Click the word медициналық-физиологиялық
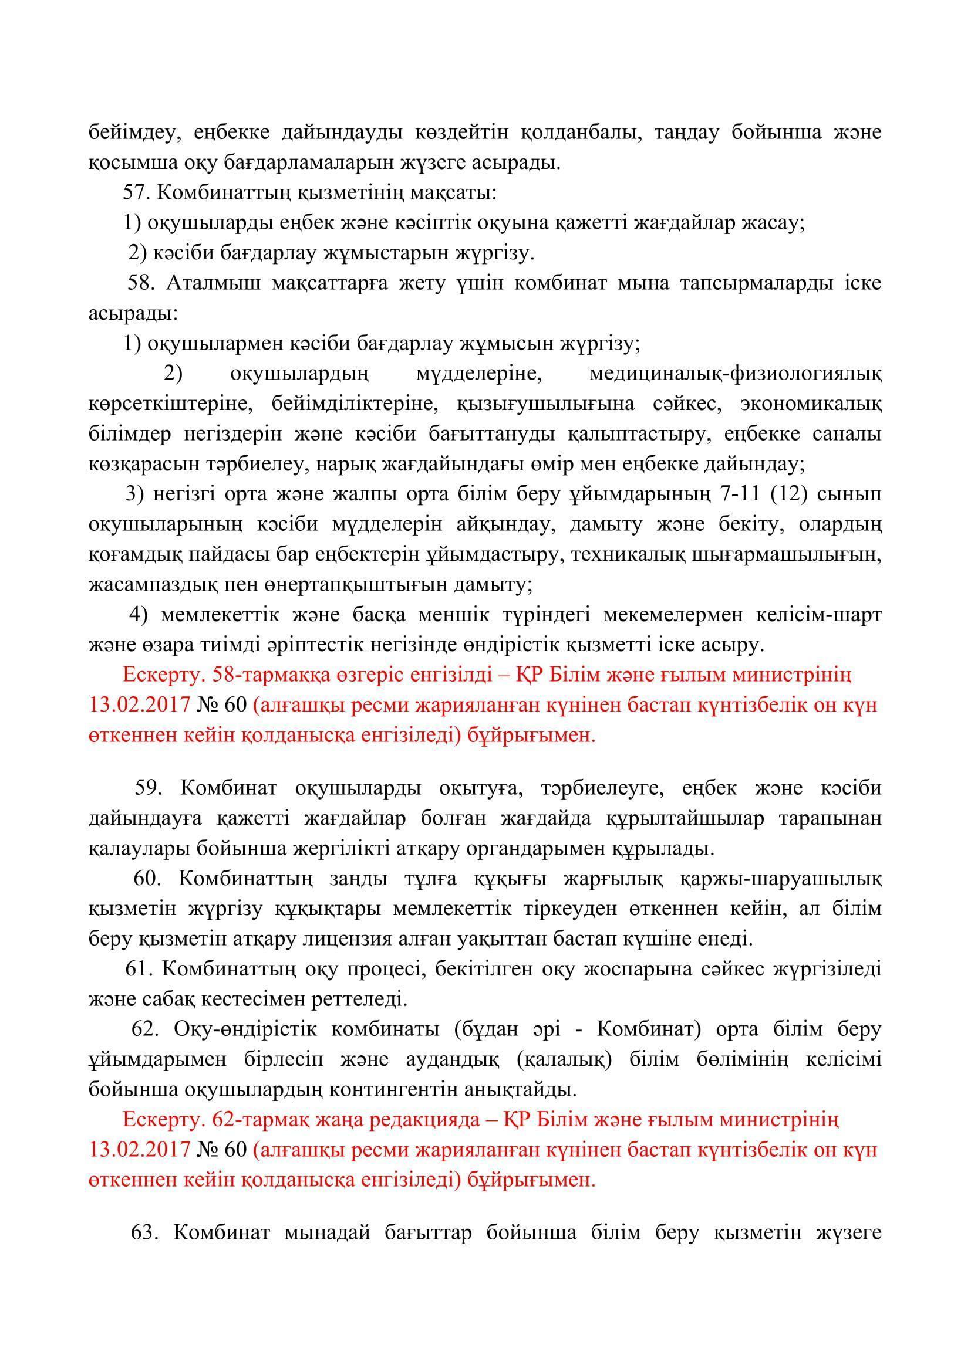pyautogui.click(x=735, y=374)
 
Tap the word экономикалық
pyautogui.click(x=810, y=404)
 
